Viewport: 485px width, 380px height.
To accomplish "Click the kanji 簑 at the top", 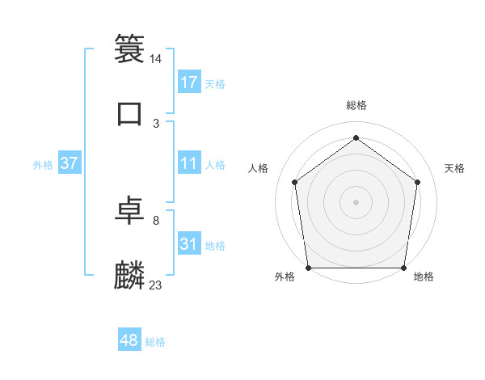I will click(x=129, y=48).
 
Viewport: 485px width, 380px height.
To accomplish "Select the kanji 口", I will click(x=129, y=113).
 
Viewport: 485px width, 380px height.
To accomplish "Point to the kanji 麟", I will click(x=129, y=275).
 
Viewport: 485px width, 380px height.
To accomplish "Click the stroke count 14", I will click(x=156, y=59).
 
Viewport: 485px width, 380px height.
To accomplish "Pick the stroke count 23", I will click(x=156, y=285).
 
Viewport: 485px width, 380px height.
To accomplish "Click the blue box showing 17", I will click(x=189, y=82).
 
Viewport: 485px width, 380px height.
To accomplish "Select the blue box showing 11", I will click(x=189, y=163).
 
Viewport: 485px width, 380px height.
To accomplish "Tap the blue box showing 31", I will click(x=189, y=244).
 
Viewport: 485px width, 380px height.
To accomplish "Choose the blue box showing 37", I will click(x=70, y=163).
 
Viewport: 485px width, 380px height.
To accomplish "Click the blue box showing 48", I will click(x=129, y=340).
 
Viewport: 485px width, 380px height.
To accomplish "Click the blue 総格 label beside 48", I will click(x=155, y=342).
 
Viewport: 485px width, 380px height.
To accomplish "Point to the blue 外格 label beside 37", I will click(x=43, y=165).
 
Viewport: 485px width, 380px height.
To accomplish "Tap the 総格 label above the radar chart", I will click(x=356, y=105).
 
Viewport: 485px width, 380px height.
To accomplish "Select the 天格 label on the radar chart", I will click(x=454, y=168).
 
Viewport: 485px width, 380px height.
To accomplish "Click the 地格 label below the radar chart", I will click(x=424, y=277).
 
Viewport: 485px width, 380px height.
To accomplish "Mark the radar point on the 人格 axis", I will click(x=294, y=182).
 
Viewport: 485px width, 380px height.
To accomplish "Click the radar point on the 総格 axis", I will click(x=356, y=137).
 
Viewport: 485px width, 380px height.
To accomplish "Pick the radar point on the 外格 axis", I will click(x=309, y=268).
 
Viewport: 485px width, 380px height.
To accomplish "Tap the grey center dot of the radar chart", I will click(x=356, y=201).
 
